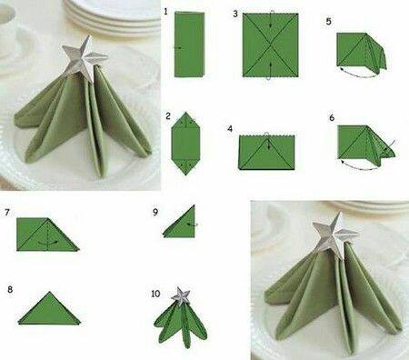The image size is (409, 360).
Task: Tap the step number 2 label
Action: pyautogui.click(x=168, y=117)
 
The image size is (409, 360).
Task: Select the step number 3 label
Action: pyautogui.click(x=235, y=15)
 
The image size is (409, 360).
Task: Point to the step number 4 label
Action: pyautogui.click(x=231, y=129)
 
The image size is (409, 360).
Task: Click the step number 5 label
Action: pyautogui.click(x=329, y=19)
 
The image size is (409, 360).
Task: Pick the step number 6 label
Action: pyautogui.click(x=332, y=118)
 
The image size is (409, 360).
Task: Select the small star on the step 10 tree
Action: pyautogui.click(x=182, y=295)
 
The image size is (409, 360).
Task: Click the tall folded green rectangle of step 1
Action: pyautogui.click(x=188, y=45)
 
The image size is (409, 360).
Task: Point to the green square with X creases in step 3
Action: pyautogui.click(x=270, y=45)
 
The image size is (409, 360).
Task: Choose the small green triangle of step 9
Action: pyautogui.click(x=181, y=223)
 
